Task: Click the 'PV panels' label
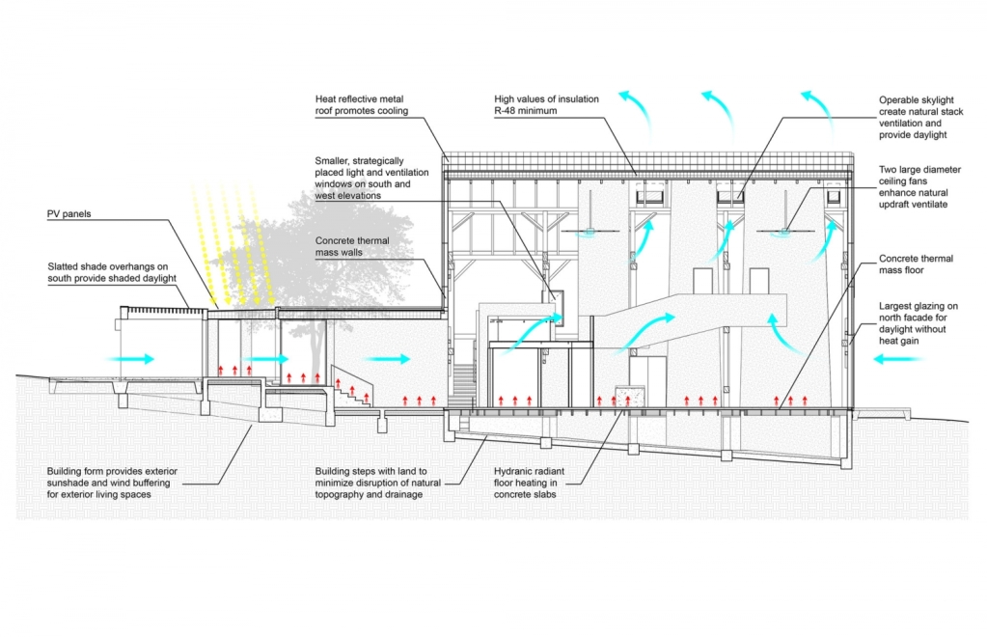click(x=69, y=214)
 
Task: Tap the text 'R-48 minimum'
click(x=526, y=111)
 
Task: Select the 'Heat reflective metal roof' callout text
click(x=361, y=104)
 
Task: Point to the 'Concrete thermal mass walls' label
click(x=352, y=246)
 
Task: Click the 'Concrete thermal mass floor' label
click(x=916, y=264)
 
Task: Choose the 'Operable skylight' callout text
click(x=920, y=117)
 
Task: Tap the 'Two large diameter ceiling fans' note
click(x=919, y=187)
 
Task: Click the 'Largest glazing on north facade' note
click(x=918, y=323)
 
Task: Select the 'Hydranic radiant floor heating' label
click(x=529, y=483)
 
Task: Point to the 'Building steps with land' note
click(x=377, y=483)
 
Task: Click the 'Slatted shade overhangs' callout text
click(x=111, y=272)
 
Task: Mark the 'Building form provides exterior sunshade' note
click(x=112, y=483)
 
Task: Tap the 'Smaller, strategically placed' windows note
click(x=371, y=179)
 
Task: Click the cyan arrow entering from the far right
click(x=897, y=359)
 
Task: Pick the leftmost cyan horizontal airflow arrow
click(x=129, y=359)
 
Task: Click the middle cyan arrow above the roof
click(x=718, y=113)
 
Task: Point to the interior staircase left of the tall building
click(x=464, y=384)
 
